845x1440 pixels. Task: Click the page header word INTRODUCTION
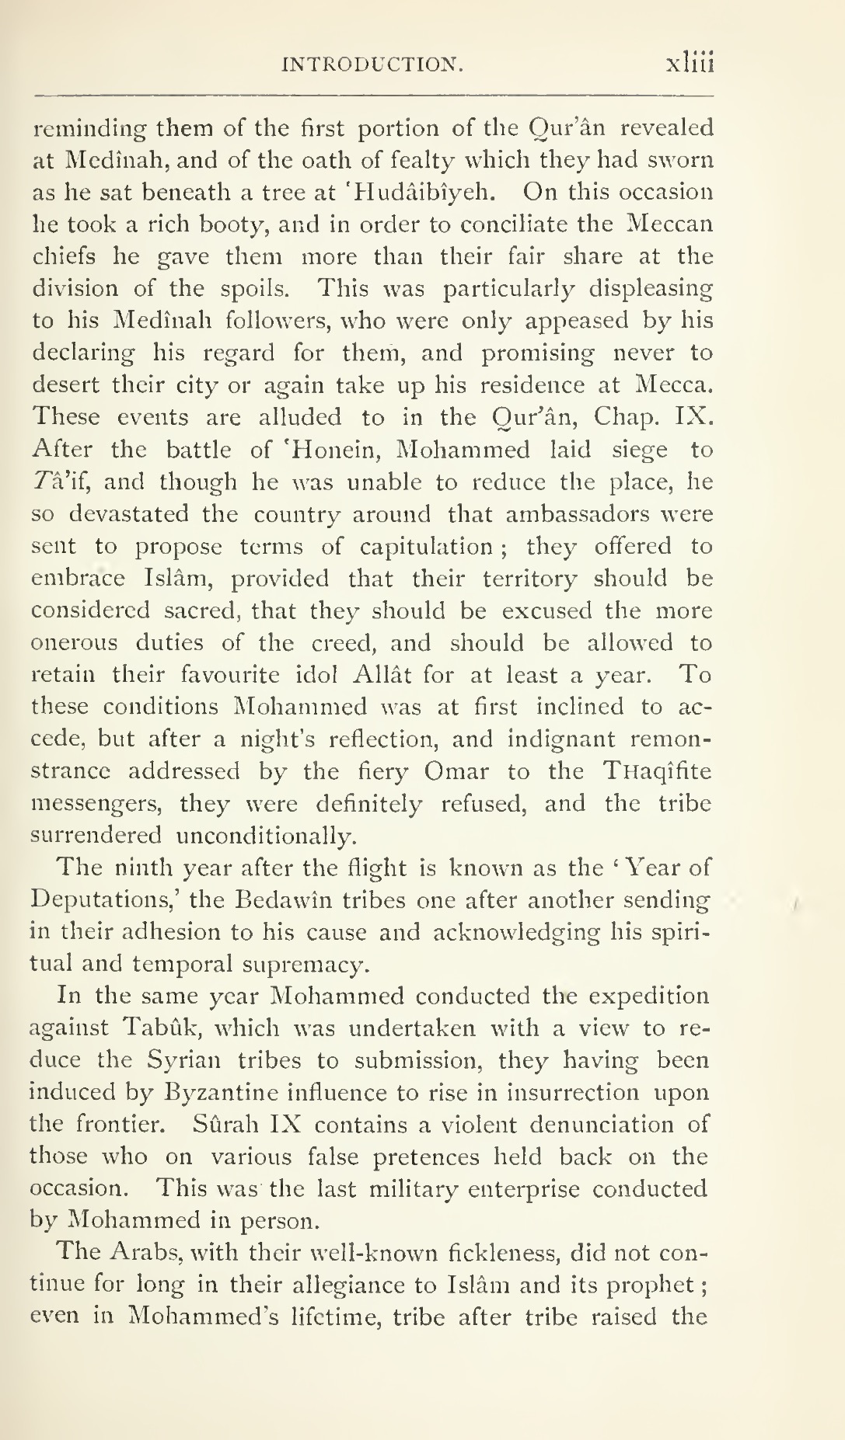pos(372,64)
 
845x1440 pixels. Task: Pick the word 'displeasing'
pos(650,289)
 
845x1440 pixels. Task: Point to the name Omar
pos(457,771)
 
